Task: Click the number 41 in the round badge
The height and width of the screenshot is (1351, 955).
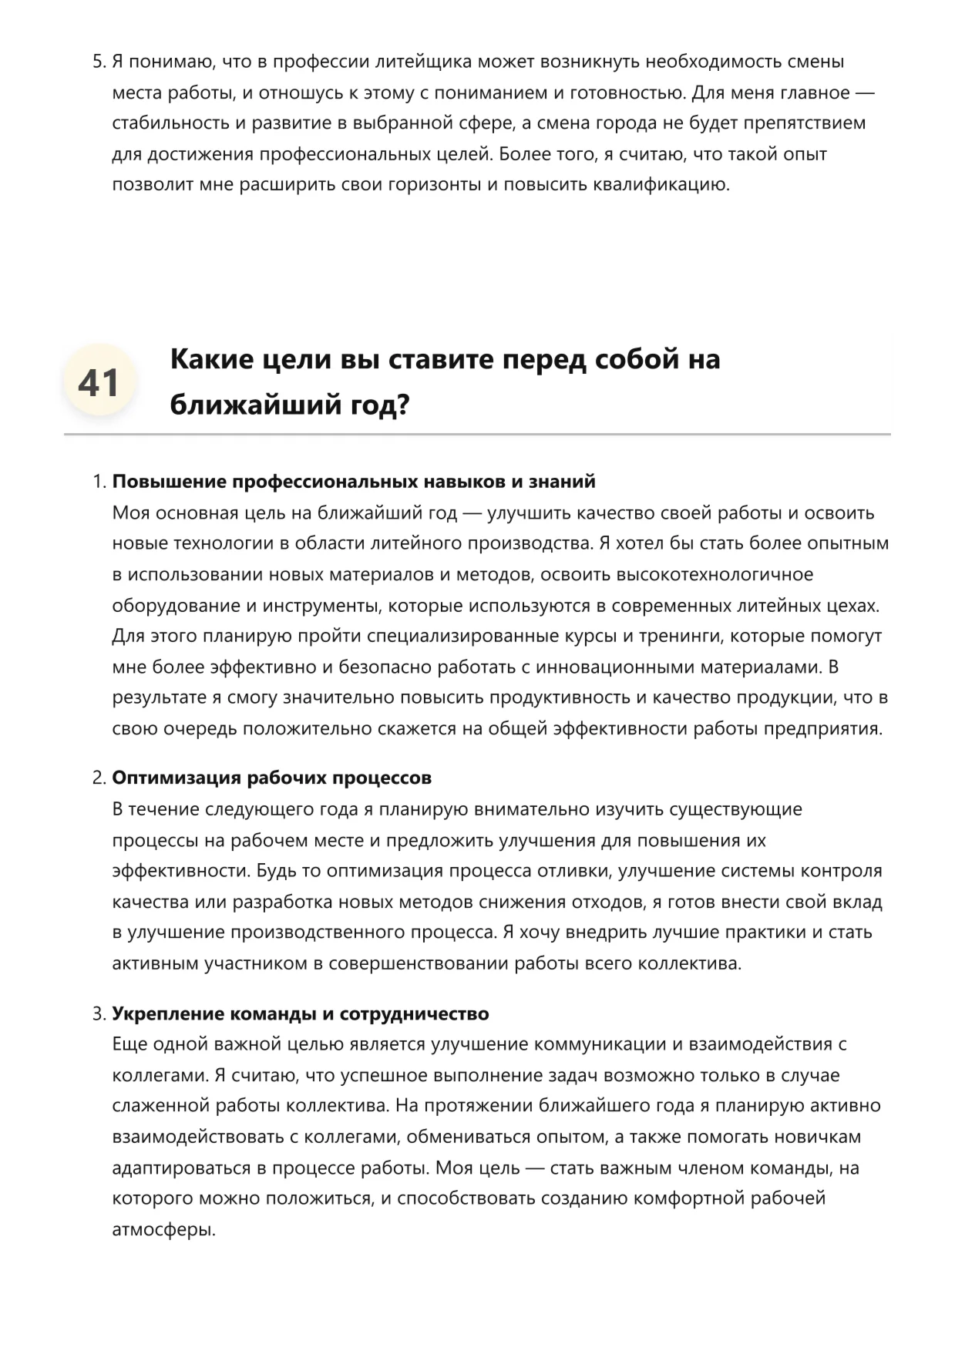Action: [99, 382]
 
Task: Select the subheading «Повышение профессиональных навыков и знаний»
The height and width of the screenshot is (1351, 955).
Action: [354, 482]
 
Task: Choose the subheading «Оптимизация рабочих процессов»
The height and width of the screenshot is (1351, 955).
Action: [271, 778]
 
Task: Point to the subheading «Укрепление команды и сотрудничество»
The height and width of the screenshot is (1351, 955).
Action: [301, 1013]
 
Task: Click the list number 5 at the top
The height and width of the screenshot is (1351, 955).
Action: [98, 62]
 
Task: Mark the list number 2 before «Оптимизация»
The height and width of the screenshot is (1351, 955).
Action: [98, 778]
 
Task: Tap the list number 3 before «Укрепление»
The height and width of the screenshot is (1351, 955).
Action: [98, 1013]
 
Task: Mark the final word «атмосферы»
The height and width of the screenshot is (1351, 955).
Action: [163, 1229]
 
